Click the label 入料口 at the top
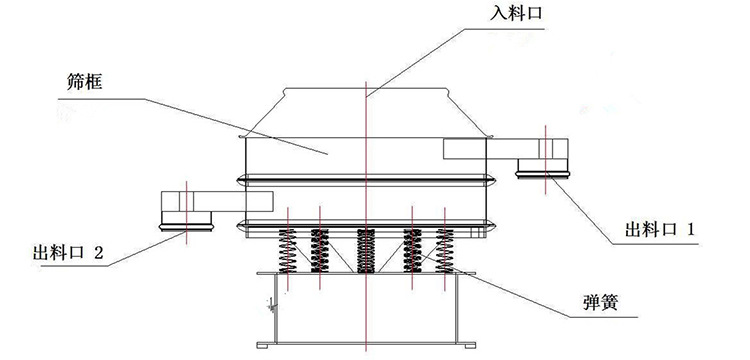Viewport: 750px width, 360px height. [517, 13]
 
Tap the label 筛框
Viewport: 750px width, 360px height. [84, 83]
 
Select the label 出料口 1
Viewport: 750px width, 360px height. [659, 230]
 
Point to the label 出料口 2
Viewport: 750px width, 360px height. [67, 251]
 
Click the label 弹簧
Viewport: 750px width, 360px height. [600, 302]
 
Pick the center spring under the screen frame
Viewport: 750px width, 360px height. [366, 251]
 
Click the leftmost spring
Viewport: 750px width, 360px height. [287, 251]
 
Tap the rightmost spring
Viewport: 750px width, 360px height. [444, 251]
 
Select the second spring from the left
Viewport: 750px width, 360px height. [320, 251]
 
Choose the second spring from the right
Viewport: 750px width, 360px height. [412, 251]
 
